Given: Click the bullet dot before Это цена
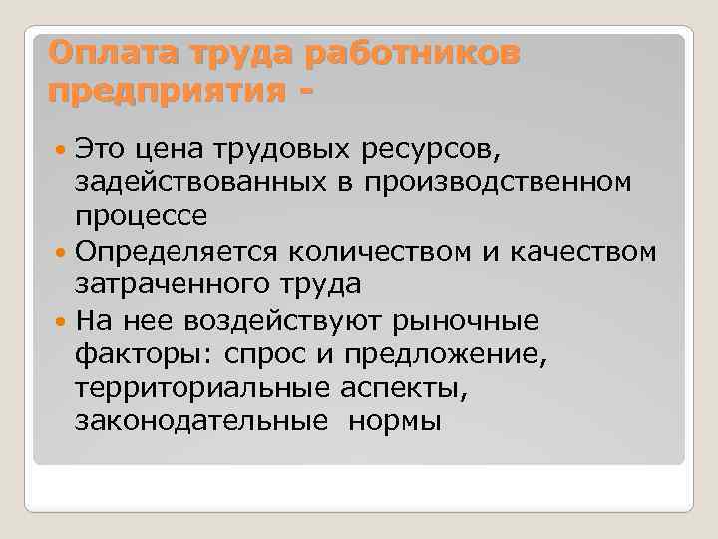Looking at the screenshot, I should (x=62, y=149).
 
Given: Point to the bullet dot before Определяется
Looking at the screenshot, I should (x=62, y=251).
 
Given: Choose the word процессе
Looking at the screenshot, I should (x=142, y=216).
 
